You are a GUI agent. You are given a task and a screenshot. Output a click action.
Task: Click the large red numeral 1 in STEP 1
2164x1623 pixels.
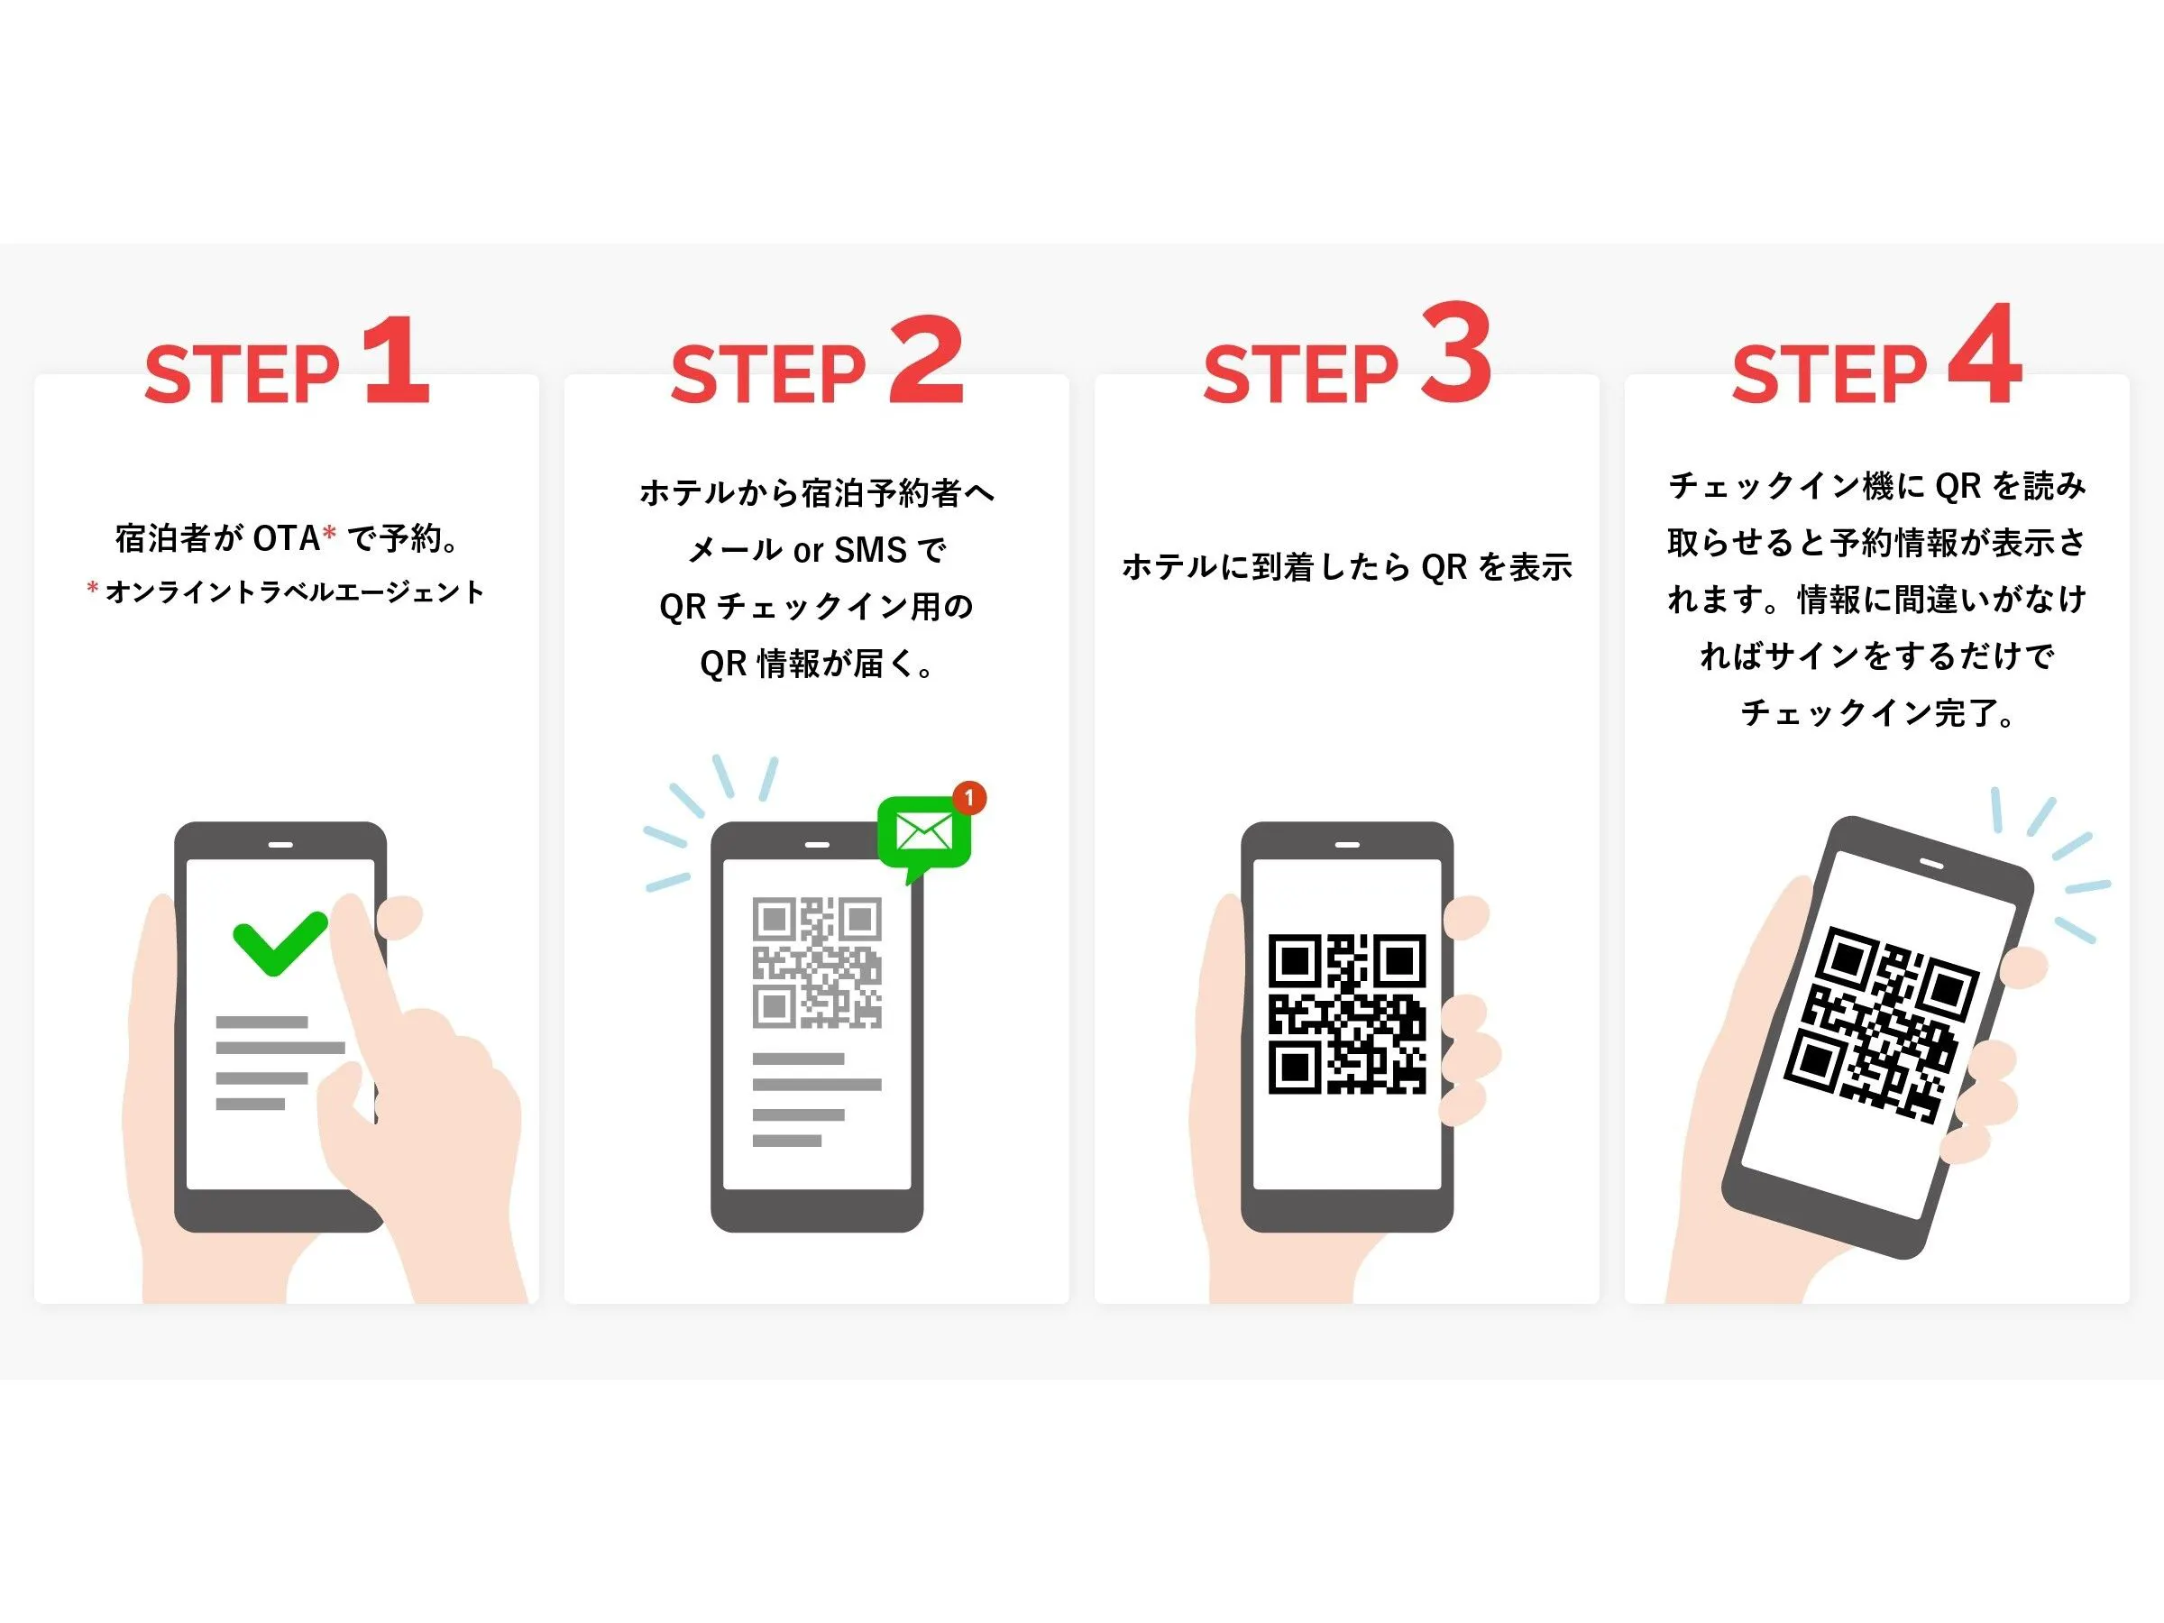[x=399, y=360]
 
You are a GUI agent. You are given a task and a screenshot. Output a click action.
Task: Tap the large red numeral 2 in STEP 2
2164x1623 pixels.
[x=926, y=360]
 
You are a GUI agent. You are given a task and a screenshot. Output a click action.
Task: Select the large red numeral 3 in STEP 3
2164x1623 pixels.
[x=1455, y=354]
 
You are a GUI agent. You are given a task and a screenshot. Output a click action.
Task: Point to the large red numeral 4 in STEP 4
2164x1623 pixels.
[x=1985, y=354]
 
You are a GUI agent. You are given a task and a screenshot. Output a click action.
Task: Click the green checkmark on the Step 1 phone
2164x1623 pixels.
[x=279, y=943]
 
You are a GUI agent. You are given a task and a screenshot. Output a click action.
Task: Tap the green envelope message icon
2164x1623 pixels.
[x=923, y=832]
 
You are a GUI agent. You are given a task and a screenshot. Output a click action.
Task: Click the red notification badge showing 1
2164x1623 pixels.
[x=968, y=797]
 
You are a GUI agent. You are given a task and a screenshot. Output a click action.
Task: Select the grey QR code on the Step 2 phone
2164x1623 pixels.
[x=817, y=963]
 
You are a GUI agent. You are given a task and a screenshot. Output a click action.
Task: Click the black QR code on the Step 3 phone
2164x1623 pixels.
[x=1347, y=1013]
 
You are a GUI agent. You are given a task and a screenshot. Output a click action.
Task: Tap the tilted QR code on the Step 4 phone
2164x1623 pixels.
[x=1880, y=1023]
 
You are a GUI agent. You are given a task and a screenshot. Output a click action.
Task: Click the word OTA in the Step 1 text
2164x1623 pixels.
[x=287, y=538]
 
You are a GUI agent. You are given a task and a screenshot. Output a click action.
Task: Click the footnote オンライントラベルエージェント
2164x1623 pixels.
[x=293, y=591]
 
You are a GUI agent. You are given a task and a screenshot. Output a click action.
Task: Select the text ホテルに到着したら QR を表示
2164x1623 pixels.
[x=1346, y=567]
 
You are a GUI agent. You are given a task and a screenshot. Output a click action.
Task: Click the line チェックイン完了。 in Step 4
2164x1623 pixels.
[x=1876, y=713]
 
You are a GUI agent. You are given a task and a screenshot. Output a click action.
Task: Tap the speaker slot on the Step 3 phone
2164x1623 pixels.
[x=1347, y=844]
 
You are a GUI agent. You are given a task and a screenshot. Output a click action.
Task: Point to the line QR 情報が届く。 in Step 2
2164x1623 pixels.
[x=817, y=665]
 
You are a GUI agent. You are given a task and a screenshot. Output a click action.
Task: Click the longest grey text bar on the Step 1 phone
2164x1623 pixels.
[x=280, y=1048]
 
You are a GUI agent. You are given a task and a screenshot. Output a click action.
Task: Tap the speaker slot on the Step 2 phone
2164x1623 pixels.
[x=817, y=844]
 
